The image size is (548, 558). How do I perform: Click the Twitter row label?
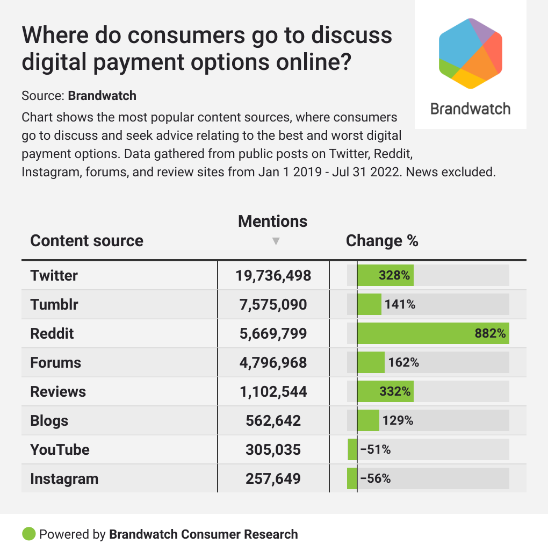pos(54,276)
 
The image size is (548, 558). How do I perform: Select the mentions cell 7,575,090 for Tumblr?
pos(273,305)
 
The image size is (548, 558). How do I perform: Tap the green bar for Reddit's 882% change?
pos(433,333)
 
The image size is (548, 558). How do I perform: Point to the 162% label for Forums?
pos(403,363)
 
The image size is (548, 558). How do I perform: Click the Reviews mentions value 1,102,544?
pos(273,392)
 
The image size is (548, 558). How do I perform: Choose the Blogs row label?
pos(49,421)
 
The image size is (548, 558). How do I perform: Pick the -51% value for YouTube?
pos(375,450)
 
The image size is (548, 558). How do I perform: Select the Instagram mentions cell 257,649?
pos(273,479)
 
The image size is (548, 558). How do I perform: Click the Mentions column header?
pos(273,221)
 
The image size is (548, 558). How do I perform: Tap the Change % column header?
pos(382,241)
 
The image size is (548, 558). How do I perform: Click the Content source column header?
pos(87,241)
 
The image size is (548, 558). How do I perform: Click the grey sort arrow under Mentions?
pos(276,241)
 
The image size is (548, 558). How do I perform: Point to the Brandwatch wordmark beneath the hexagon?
pos(470,109)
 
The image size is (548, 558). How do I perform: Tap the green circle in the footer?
pos(29,534)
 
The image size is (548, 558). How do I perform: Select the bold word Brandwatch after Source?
pos(102,96)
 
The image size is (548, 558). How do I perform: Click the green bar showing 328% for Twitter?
pos(385,275)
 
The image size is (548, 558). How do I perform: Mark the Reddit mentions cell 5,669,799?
pos(273,334)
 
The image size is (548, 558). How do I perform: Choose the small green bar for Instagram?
pos(352,478)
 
